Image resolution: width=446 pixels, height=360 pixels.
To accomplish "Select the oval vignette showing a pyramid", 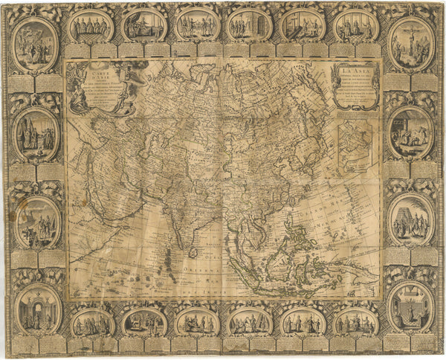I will pyautogui.click(x=410, y=220).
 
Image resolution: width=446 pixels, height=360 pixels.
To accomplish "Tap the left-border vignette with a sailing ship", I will pyautogui.click(x=36, y=222).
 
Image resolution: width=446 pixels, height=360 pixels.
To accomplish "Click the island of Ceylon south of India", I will pyautogui.click(x=193, y=252).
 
